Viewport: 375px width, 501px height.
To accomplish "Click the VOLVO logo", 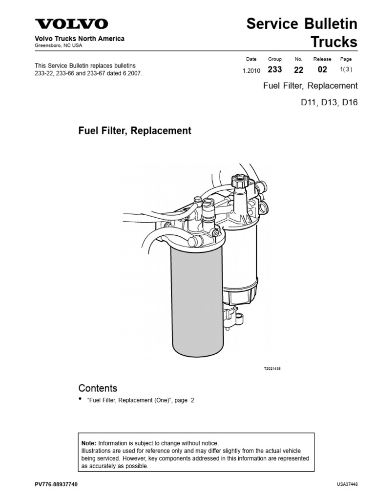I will (x=71, y=24).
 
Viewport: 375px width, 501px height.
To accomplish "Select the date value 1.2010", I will (x=251, y=70).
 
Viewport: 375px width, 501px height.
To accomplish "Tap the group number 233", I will (x=275, y=70).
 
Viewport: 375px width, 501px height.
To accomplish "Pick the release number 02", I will (x=322, y=70).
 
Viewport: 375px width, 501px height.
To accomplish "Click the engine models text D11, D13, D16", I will (x=329, y=104).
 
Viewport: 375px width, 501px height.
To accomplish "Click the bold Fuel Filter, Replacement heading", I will (x=135, y=131).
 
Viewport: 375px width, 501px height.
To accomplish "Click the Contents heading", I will (x=98, y=388).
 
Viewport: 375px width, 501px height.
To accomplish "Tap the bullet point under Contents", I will (x=81, y=400).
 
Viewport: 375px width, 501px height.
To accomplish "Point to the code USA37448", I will (x=347, y=484).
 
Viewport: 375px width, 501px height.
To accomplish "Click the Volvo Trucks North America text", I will (x=79, y=39).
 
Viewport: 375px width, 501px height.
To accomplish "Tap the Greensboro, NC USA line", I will (x=58, y=46).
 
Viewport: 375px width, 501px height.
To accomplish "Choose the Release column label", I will (x=322, y=59).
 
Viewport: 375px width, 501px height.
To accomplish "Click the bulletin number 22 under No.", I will (x=299, y=70).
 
